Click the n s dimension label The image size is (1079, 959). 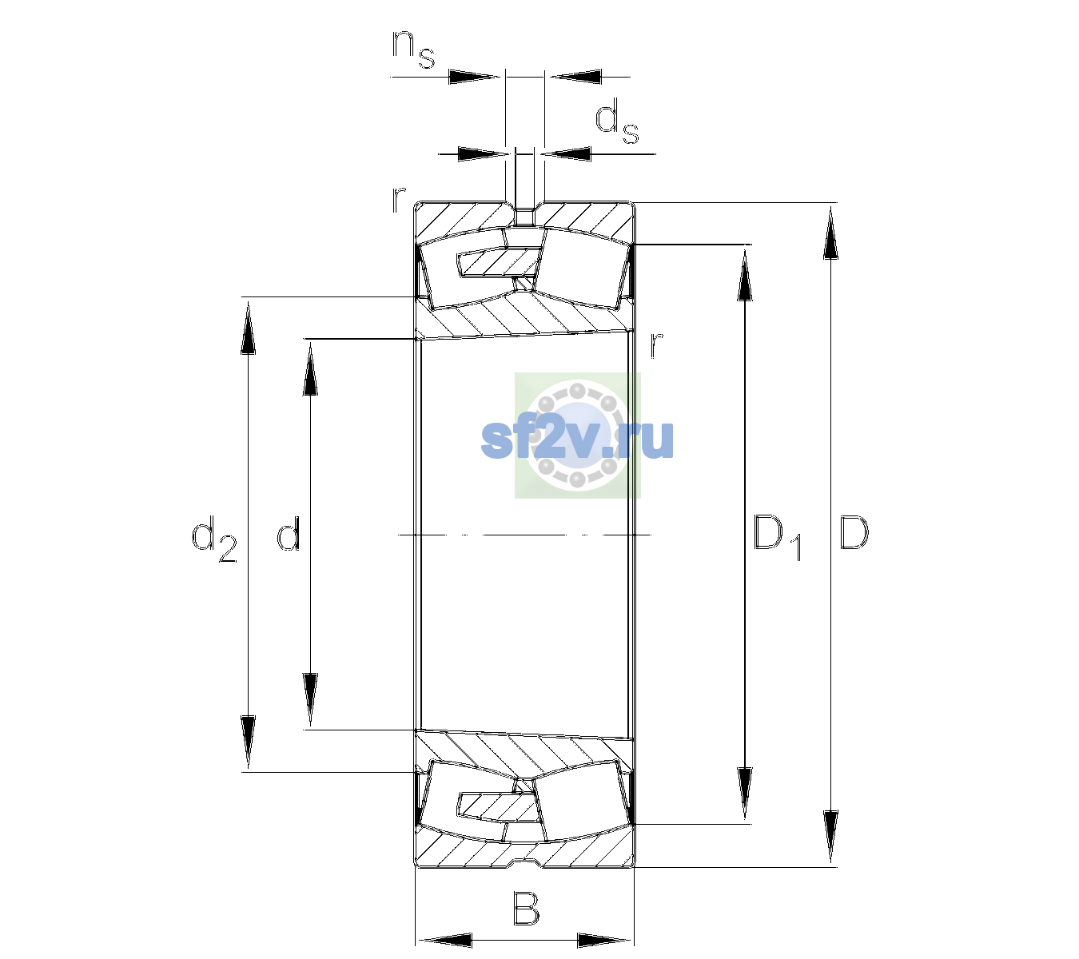[x=413, y=49]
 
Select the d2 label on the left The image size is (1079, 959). [x=214, y=539]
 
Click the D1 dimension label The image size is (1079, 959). [x=778, y=537]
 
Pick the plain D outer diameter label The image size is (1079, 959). [x=854, y=532]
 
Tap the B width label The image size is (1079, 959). [x=526, y=908]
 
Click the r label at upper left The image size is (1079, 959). [x=398, y=200]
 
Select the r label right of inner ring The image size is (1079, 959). [x=656, y=344]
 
